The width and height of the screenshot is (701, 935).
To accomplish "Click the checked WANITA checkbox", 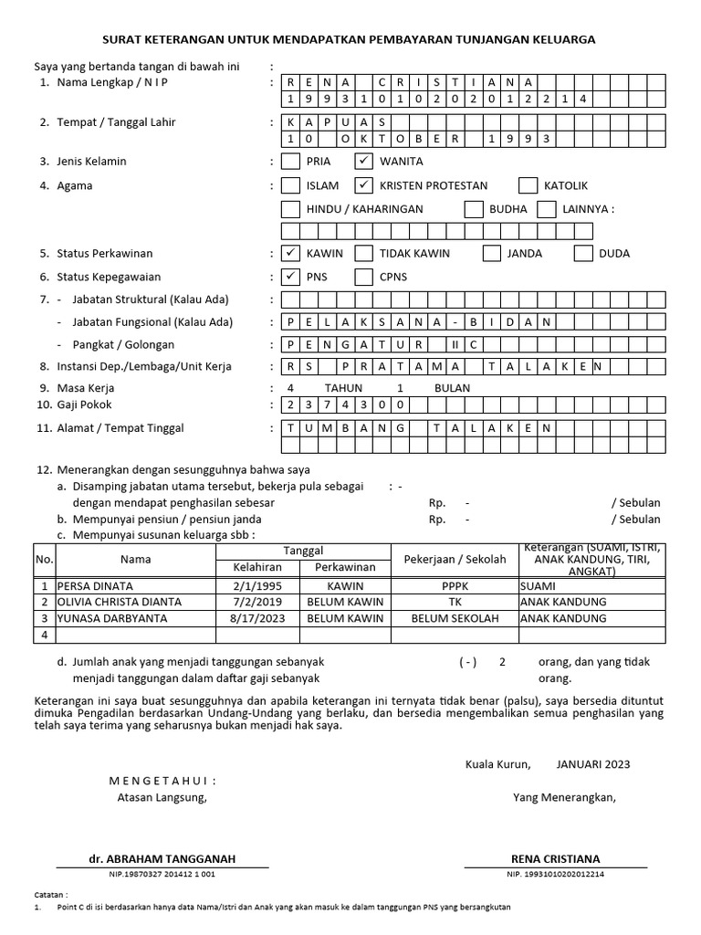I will click(x=364, y=162).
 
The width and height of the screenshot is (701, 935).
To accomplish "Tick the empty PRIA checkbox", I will click(x=290, y=162).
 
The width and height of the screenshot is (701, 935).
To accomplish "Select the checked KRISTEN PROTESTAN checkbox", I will click(x=364, y=185).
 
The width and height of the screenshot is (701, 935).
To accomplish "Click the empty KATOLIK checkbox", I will click(x=528, y=185).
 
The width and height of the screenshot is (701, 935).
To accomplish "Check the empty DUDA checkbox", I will click(x=583, y=254).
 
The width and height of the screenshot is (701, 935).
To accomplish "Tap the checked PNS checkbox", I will click(x=290, y=276).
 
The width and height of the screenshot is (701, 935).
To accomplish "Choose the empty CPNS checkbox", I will click(x=364, y=276).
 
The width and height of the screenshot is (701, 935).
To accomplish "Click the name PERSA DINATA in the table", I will click(x=95, y=586).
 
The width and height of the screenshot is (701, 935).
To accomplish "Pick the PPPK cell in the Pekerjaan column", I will click(x=455, y=586).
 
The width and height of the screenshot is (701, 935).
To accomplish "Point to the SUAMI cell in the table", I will click(x=537, y=586).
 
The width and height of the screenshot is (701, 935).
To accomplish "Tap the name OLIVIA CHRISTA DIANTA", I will click(x=119, y=603).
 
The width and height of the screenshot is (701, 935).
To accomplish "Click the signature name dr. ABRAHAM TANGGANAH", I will click(x=162, y=859).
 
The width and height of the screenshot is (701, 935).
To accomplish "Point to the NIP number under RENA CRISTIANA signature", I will click(x=555, y=875).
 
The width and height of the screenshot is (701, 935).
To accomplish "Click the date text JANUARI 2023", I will click(x=592, y=764).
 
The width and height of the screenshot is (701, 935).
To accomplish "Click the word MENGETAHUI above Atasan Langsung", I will click(x=162, y=781).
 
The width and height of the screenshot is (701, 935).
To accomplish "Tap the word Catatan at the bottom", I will click(x=50, y=896).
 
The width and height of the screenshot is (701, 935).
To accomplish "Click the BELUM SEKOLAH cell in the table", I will click(x=455, y=618).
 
